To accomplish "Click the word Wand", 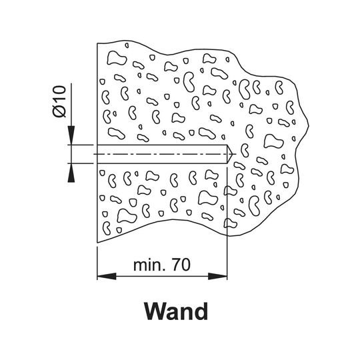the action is (x=176, y=311).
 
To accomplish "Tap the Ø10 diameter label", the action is (x=59, y=101).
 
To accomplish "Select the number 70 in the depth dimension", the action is (x=181, y=265).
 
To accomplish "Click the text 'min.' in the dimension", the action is (x=150, y=265).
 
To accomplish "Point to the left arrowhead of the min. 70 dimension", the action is (x=107, y=276).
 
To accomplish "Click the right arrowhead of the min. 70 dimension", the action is (x=217, y=276).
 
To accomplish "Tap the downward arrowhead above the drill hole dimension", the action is (x=71, y=135).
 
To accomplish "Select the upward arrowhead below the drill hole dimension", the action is (x=71, y=173).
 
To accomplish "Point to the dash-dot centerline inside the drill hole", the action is (x=165, y=154).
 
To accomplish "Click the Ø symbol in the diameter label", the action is (x=59, y=111).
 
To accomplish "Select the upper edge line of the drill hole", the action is (x=162, y=145).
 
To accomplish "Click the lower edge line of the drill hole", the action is (x=162, y=163).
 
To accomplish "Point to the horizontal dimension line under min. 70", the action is (x=162, y=276).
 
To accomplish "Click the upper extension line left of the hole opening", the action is (x=81, y=145).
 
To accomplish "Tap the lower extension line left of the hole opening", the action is (x=81, y=163).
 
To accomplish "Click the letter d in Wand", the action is (x=201, y=311).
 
